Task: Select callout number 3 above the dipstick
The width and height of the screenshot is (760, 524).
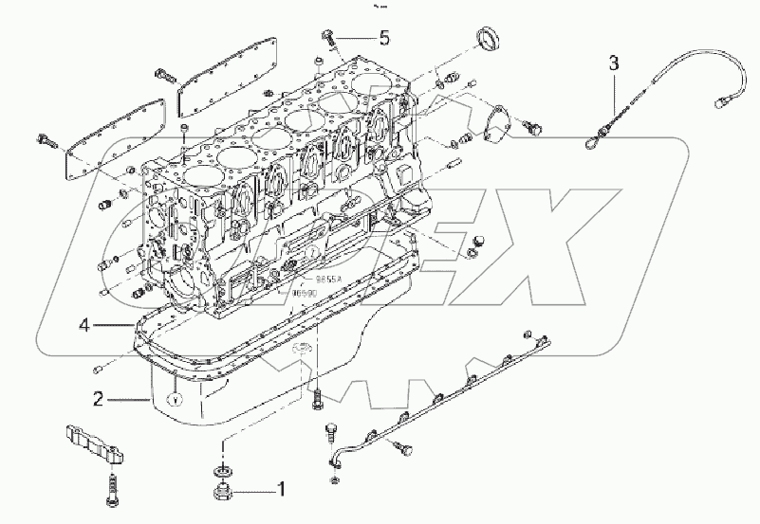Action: pos(614,63)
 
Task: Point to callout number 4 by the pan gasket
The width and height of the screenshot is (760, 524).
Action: pos(84,326)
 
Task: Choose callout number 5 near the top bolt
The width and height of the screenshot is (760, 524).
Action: pos(384,38)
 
